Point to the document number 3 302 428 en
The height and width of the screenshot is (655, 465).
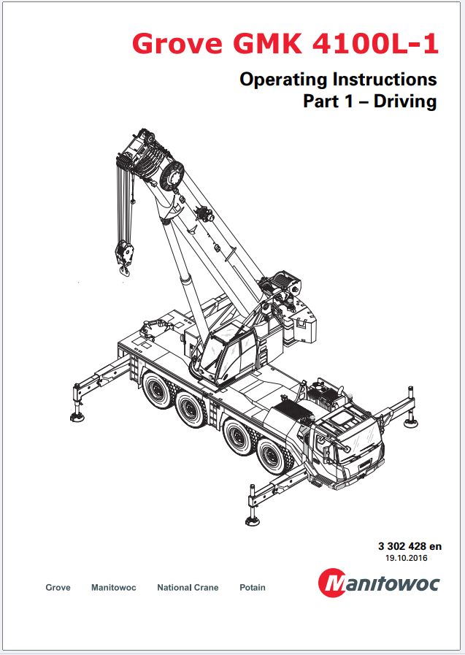[x=410, y=545]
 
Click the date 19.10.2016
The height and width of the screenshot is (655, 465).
[x=406, y=559]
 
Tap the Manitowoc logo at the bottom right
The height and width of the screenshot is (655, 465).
[x=380, y=584]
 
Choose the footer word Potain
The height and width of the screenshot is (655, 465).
[x=253, y=588]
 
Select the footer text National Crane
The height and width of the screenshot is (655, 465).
[x=188, y=588]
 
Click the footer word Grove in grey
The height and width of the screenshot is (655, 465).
[x=58, y=588]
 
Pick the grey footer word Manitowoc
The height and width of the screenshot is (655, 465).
[x=113, y=588]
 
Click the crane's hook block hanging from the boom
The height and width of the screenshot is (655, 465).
[x=123, y=256]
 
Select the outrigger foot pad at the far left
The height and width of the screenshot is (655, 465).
[x=76, y=415]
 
